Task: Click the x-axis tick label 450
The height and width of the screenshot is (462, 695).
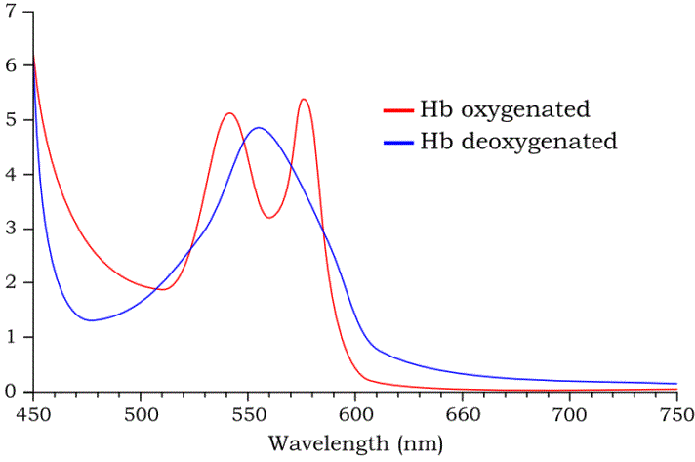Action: coord(34,414)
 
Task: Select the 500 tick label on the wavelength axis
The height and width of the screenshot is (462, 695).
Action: coord(141,414)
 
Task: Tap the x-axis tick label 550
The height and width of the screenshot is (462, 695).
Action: coord(248,414)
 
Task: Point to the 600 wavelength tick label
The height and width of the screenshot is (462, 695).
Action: coord(355,414)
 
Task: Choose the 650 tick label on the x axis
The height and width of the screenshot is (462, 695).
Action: coord(463,414)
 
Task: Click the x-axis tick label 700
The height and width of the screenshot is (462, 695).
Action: coord(570,414)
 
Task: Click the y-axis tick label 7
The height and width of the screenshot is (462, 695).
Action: coord(13,12)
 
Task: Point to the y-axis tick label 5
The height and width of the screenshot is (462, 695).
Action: coord(13,120)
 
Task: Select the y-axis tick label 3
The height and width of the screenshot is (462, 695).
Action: coord(13,230)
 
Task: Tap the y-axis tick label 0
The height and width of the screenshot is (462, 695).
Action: coord(13,392)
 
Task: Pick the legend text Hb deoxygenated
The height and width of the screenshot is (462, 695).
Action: coord(518,141)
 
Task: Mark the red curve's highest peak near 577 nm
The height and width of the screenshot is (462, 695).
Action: coord(305,100)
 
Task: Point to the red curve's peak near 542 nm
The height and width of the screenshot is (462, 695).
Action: coord(230,113)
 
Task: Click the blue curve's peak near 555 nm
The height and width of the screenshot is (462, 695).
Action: coord(259,128)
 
